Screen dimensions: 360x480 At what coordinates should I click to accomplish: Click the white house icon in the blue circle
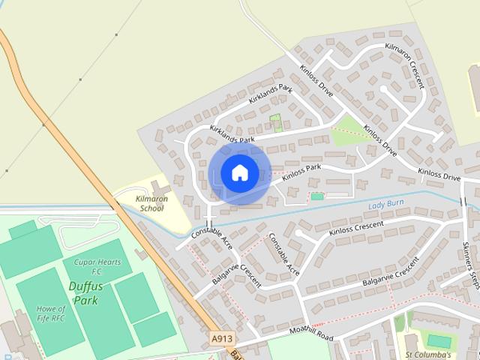239,172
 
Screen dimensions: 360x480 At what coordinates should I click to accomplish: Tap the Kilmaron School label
150,204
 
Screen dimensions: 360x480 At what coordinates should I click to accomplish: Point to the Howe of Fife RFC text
50,315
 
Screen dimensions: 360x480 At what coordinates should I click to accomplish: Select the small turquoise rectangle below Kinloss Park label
317,196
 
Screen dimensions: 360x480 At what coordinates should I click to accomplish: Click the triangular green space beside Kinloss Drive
349,131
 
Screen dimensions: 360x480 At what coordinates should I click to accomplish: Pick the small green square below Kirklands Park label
275,120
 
